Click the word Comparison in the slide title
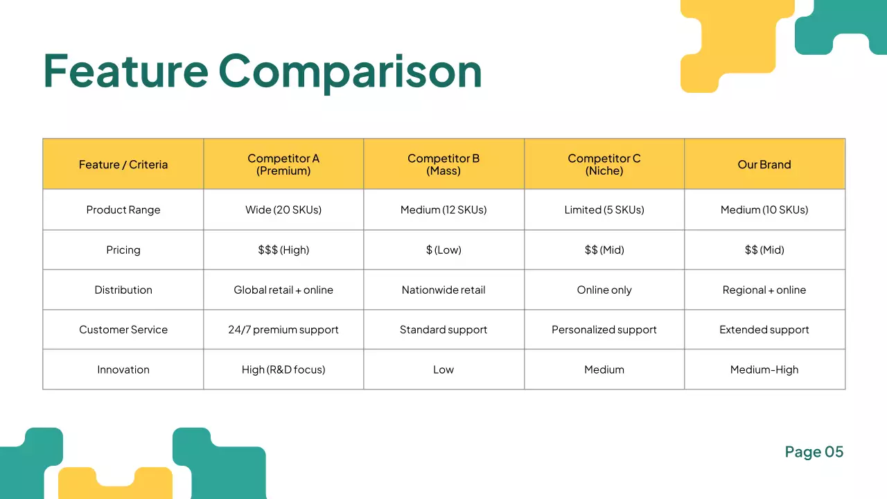(x=350, y=71)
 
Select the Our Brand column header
(x=764, y=164)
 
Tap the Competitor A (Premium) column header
(x=283, y=164)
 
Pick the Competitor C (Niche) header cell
(x=604, y=164)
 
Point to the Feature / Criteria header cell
(x=123, y=164)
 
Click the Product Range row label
(x=123, y=210)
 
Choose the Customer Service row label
(x=123, y=330)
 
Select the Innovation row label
(x=123, y=369)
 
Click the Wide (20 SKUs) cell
(x=283, y=210)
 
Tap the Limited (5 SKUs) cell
(x=604, y=210)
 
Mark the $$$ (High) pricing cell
(x=283, y=250)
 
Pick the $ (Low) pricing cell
(x=443, y=250)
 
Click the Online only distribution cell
(x=604, y=290)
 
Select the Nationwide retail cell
(x=443, y=290)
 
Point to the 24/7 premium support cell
(x=283, y=330)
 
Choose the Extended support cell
(x=764, y=330)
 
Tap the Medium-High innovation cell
(x=764, y=369)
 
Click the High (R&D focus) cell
(x=283, y=369)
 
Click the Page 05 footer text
(x=814, y=452)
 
